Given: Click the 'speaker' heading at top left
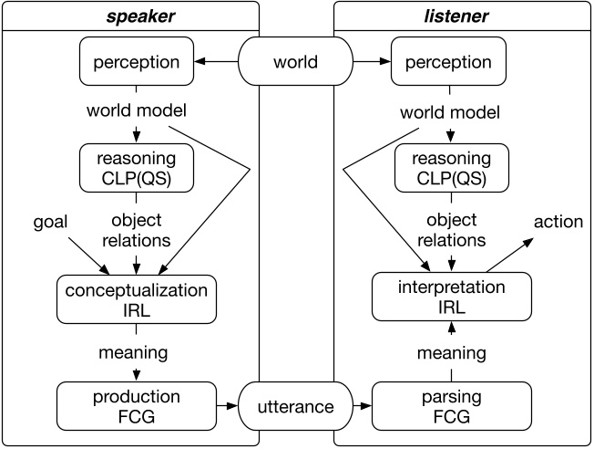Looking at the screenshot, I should click(130, 16).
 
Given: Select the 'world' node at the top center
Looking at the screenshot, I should click(296, 62).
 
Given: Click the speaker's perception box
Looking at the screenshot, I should click(136, 62).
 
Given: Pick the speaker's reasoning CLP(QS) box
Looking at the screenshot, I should click(136, 170).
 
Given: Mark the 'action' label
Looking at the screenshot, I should click(558, 222).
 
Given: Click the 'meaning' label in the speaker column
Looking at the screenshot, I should click(136, 352).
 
